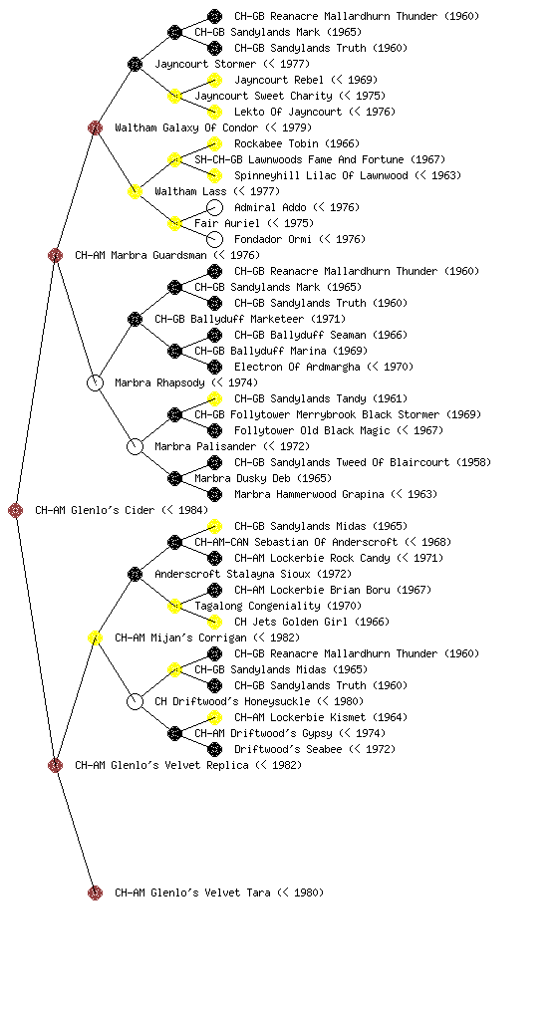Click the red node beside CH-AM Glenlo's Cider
coord(16,510)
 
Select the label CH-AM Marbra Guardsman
coord(140,255)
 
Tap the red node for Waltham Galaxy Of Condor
coord(95,127)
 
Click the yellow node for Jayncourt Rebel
coord(214,80)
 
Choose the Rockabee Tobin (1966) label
coord(297,143)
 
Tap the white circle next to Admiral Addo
coord(214,207)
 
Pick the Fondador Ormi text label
coord(273,239)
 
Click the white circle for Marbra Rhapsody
coord(95,382)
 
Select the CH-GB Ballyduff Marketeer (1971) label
coord(250,319)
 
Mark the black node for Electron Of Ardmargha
coord(214,367)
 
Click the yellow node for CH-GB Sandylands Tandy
coord(214,398)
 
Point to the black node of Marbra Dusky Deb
coord(174,479)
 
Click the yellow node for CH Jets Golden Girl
coord(214,622)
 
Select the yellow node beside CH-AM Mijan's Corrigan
coord(95,637)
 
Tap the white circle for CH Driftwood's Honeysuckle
coord(135,701)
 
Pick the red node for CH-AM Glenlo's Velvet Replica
coord(55,765)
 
